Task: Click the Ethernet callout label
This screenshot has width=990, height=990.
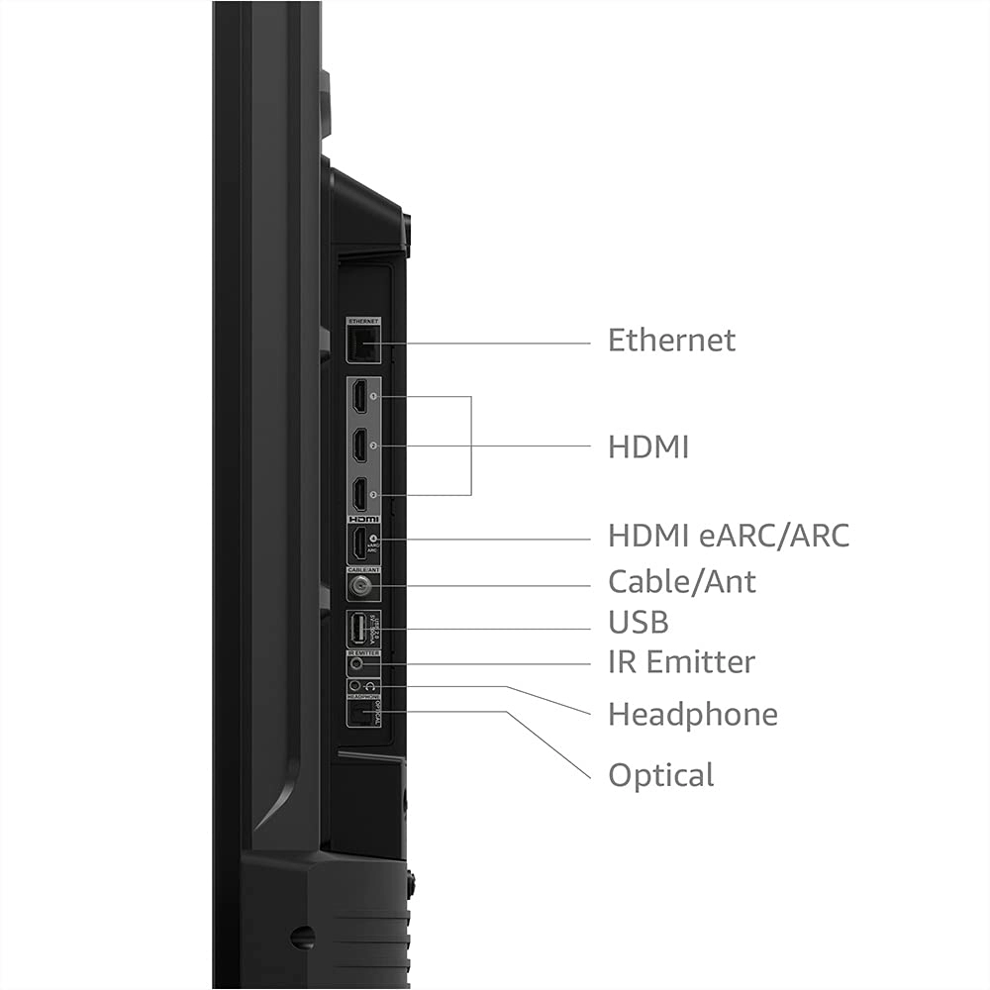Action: coord(671,341)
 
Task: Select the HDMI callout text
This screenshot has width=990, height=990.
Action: coord(648,446)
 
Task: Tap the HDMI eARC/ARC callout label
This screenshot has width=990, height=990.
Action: coord(729,537)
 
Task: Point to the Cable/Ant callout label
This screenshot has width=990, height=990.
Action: coord(682,581)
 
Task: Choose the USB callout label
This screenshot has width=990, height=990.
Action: coord(638,622)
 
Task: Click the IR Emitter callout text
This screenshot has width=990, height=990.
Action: coord(681,661)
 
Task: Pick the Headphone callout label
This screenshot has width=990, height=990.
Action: coord(692,714)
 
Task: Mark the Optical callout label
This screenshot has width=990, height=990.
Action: coord(660,774)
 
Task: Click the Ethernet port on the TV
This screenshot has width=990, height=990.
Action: coord(362,345)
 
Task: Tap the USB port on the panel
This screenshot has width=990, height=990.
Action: coord(357,629)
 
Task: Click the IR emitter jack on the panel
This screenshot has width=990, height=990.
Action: coord(356,666)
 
